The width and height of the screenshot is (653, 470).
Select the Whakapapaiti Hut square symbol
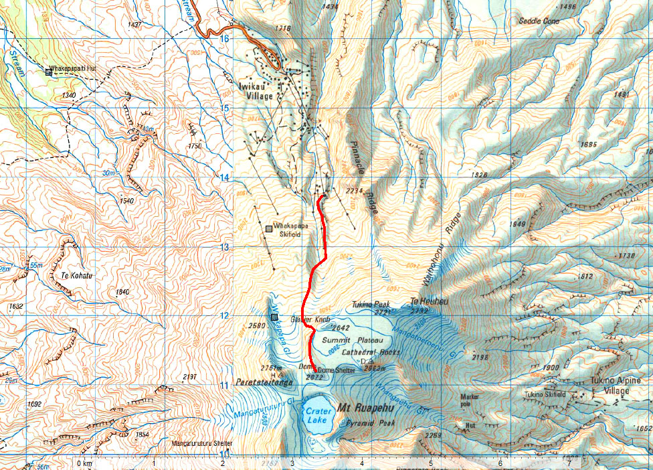pyautogui.click(x=48, y=71)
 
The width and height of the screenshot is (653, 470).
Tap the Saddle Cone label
pyautogui.click(x=539, y=21)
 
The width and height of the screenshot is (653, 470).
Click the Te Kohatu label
pyautogui.click(x=75, y=274)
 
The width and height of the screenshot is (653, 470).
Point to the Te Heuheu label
pyautogui.click(x=429, y=301)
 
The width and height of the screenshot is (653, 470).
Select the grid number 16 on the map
pyautogui.click(x=224, y=38)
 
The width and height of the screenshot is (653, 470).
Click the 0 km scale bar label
pyautogui.click(x=84, y=463)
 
